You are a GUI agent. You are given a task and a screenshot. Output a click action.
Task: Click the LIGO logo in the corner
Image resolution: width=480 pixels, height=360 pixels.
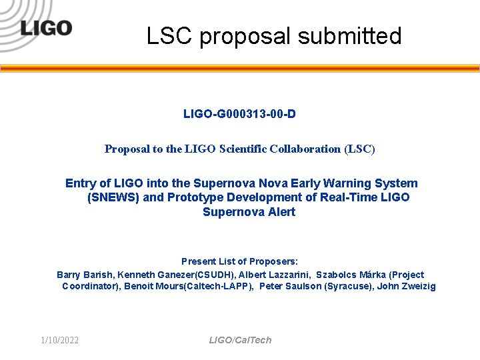pos(45,28)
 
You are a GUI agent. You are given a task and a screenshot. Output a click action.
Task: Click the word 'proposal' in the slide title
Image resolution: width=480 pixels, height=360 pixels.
pos(246,36)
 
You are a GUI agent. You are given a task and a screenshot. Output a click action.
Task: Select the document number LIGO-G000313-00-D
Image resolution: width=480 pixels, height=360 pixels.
pos(239,114)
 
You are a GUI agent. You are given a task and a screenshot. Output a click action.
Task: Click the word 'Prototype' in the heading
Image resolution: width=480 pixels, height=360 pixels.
pos(194,197)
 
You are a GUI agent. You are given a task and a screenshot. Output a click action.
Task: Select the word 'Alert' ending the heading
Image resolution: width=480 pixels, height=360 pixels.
pos(281,212)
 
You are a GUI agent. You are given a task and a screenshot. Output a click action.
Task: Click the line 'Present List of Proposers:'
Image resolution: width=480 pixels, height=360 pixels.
pos(239,261)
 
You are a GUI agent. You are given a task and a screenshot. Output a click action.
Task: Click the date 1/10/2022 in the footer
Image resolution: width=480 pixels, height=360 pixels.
pos(59,341)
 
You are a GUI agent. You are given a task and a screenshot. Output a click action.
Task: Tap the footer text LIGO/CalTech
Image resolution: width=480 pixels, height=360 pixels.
pos(240,341)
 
